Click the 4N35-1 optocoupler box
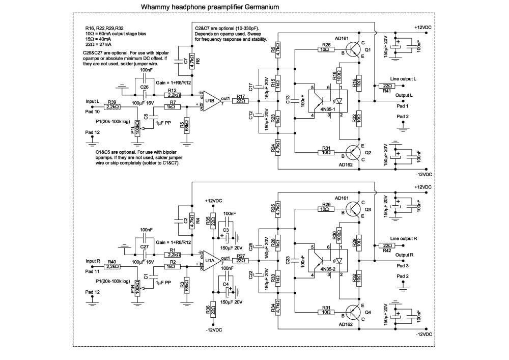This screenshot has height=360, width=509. point(327,101)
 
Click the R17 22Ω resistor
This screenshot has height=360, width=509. point(241,101)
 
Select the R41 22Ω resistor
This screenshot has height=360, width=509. point(387,86)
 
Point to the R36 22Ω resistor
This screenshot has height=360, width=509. point(213,310)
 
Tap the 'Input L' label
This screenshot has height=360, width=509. point(93,102)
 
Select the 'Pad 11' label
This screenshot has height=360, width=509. point(93,271)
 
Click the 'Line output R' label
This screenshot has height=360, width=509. point(404,239)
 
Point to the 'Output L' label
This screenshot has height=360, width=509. point(404,95)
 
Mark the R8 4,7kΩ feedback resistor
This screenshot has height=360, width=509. point(192,61)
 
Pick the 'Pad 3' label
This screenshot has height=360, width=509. point(403,266)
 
